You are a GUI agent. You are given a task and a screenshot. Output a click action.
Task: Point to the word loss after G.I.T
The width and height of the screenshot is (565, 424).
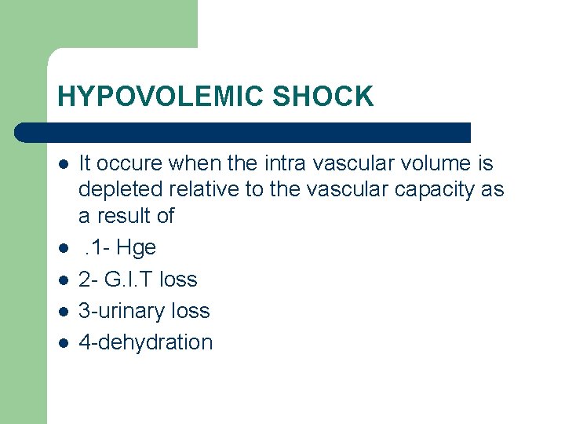pyautogui.click(x=177, y=280)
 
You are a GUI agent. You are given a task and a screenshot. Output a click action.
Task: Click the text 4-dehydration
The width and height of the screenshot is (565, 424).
pyautogui.click(x=146, y=342)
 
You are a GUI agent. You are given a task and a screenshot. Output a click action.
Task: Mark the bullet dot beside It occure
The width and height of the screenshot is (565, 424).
pyautogui.click(x=62, y=164)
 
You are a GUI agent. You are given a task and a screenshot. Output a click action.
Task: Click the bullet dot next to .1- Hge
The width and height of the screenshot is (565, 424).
pyautogui.click(x=62, y=248)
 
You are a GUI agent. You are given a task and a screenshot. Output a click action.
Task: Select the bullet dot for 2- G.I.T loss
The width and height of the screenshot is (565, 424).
pyautogui.click(x=62, y=280)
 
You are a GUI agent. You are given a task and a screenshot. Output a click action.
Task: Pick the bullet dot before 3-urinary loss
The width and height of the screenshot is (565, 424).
pyautogui.click(x=62, y=312)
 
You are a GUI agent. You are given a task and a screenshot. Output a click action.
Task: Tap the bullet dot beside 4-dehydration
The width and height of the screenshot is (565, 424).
pyautogui.click(x=62, y=343)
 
